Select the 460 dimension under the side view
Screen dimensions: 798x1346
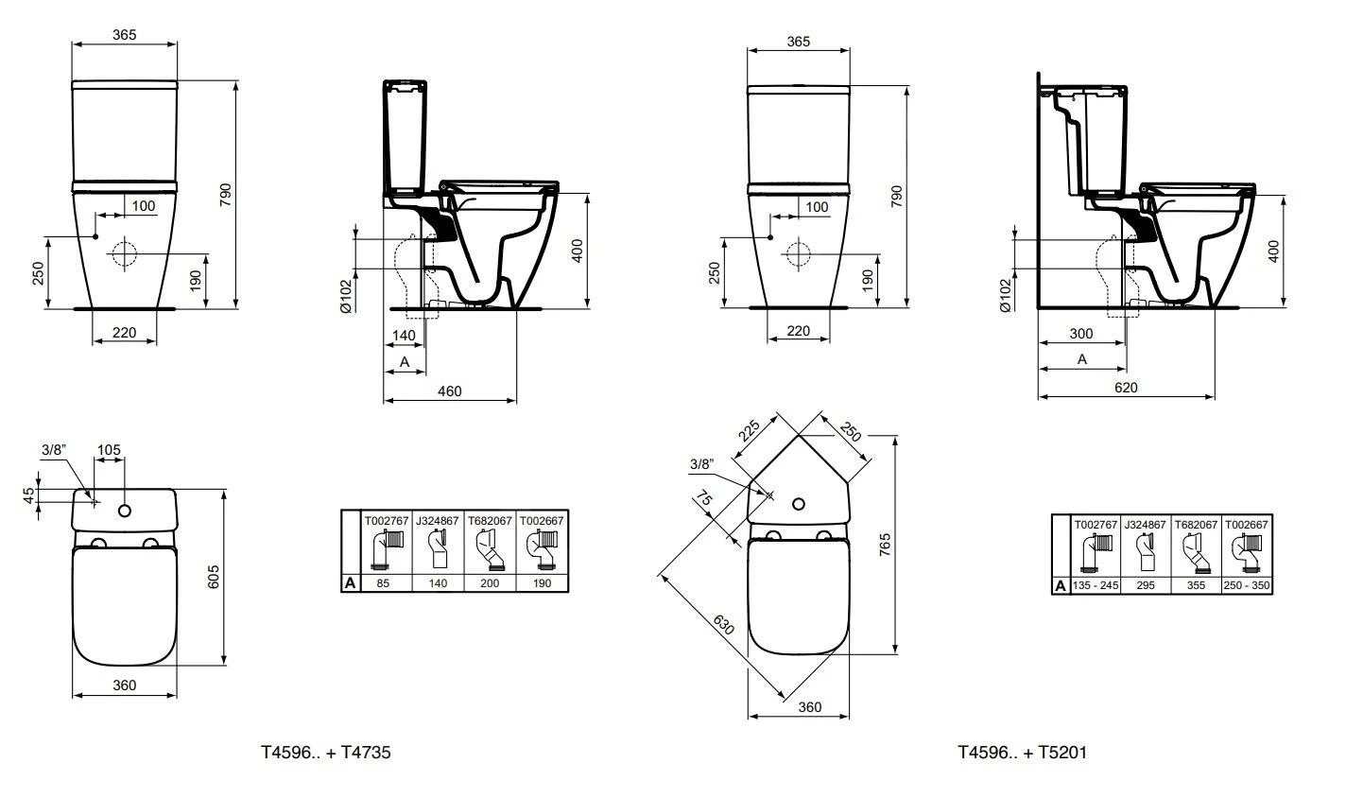pos(450,390)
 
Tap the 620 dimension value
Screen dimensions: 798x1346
pos(1126,387)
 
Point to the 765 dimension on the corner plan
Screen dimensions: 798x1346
pos(886,544)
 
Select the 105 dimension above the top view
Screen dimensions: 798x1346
pos(110,450)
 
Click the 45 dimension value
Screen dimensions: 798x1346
pos(29,493)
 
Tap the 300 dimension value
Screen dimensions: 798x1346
pos(1080,333)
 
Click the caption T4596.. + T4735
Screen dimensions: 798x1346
pos(326,753)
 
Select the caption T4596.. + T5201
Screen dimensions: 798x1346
pos(1022,753)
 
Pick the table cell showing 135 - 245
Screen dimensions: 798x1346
pos(1096,586)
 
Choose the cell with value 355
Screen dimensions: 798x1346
pos(1196,586)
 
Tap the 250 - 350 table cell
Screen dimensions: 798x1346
pos(1248,586)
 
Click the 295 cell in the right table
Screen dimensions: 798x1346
pos(1146,586)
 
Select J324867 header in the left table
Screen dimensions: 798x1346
pos(439,520)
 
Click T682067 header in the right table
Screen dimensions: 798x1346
pos(1196,523)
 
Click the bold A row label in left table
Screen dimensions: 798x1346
pos(351,583)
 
